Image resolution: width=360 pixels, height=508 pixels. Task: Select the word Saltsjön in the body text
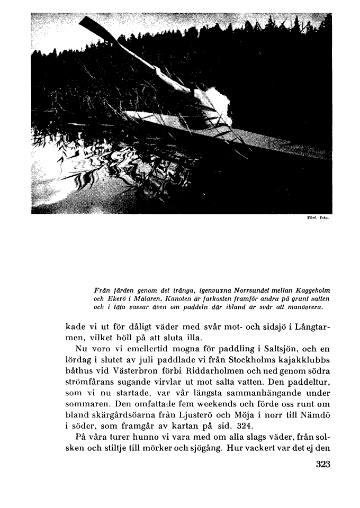(x=277, y=350)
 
